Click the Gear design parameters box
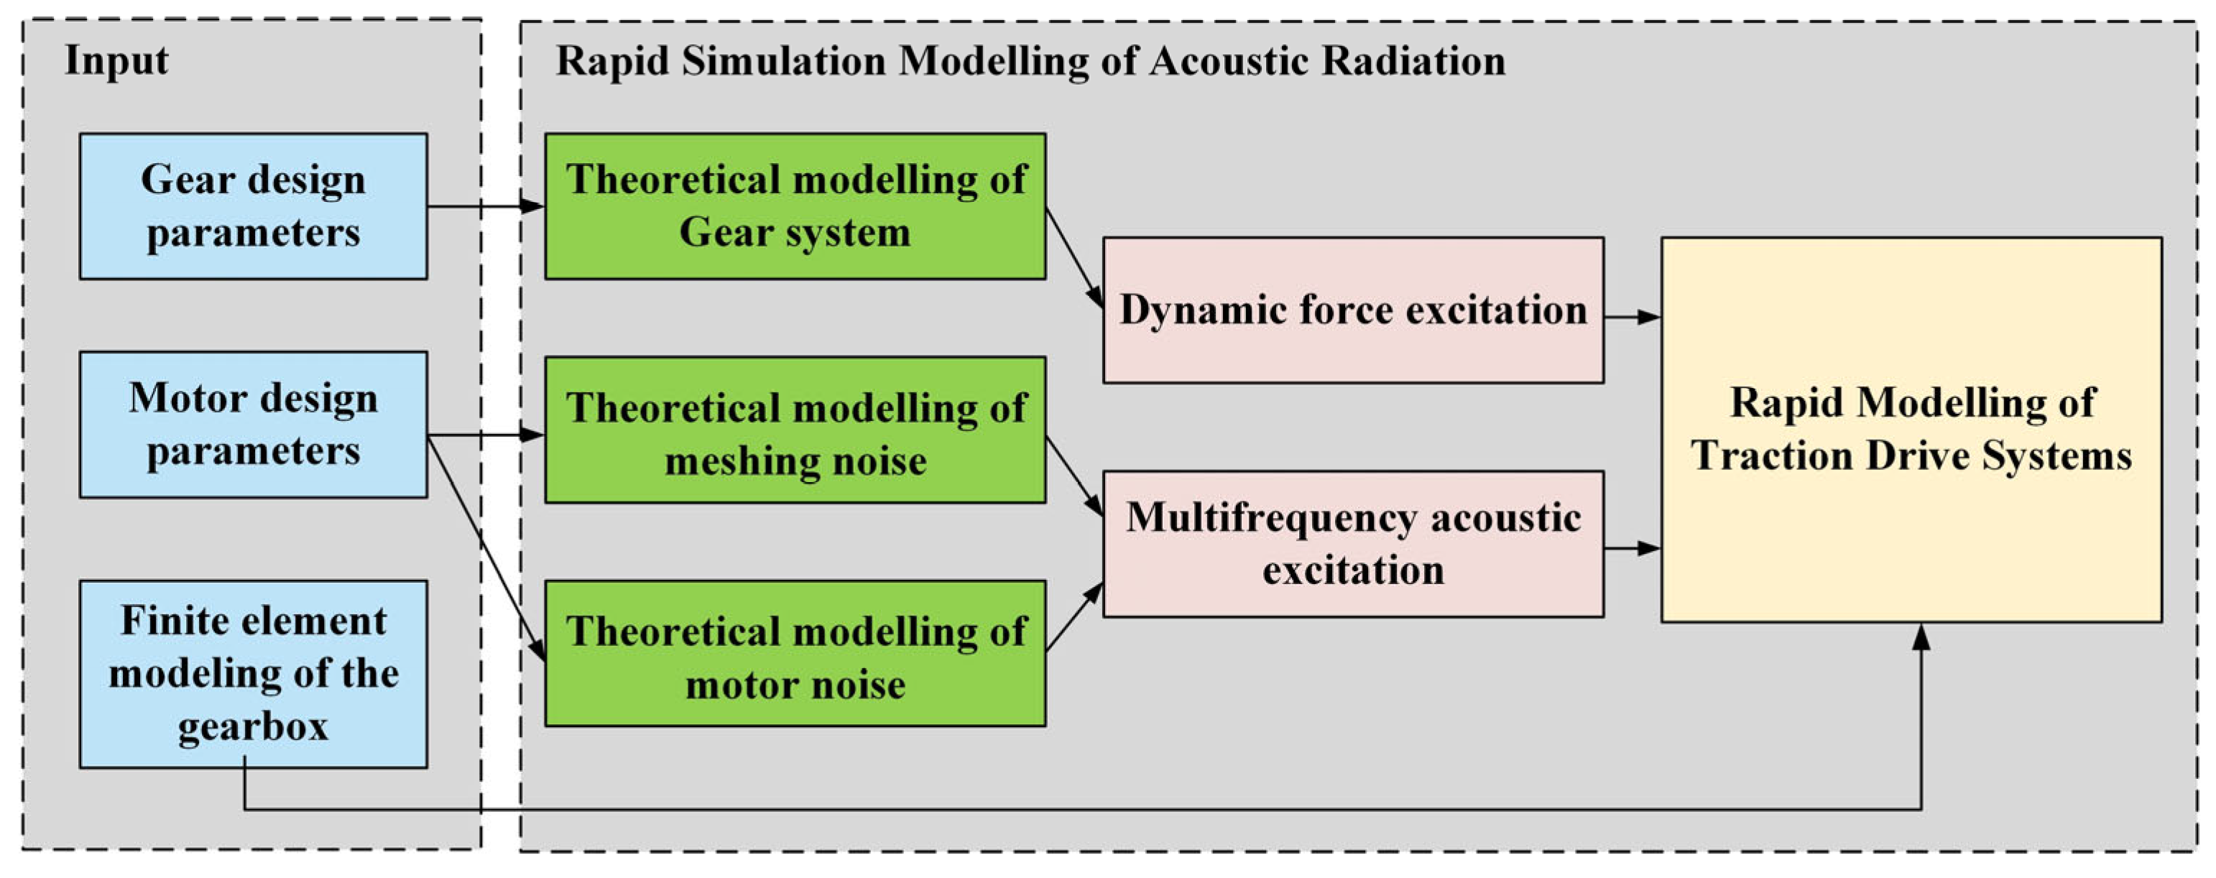click(253, 206)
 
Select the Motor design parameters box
click(253, 424)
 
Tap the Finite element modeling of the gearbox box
click(253, 673)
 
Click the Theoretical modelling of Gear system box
click(795, 206)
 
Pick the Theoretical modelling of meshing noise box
click(795, 430)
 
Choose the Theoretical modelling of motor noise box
click(795, 654)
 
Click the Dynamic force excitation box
click(1352, 310)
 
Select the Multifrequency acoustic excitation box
click(1352, 543)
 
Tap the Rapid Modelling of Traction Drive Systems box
click(1911, 429)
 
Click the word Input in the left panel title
click(117, 61)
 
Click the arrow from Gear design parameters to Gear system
click(485, 206)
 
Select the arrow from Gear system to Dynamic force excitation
click(1074, 257)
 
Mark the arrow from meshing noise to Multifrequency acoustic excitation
click(1074, 476)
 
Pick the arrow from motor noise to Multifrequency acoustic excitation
click(1074, 616)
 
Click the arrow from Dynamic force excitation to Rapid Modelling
click(1631, 318)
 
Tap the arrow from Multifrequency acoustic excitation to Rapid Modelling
click(1631, 547)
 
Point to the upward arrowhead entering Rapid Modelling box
click(1921, 638)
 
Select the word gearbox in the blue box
click(253, 726)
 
